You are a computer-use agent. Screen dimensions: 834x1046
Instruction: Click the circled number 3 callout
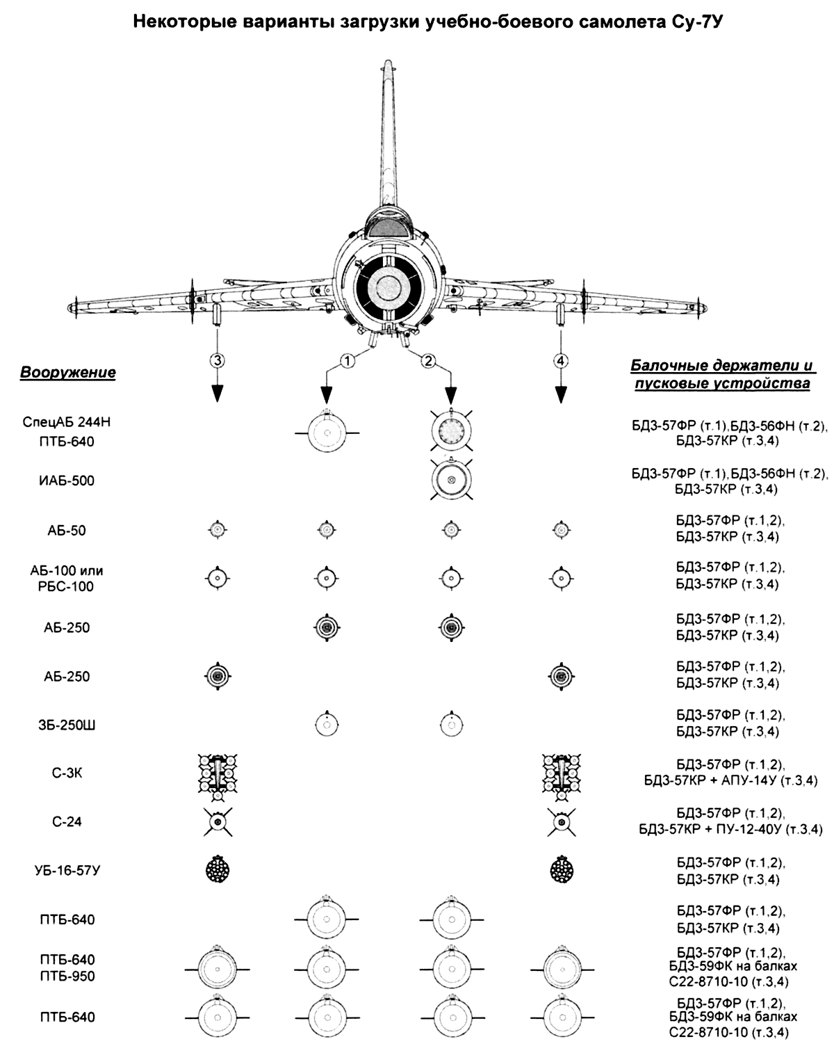(218, 360)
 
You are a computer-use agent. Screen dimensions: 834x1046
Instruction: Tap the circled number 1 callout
(347, 361)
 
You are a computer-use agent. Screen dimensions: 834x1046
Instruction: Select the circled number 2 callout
(428, 361)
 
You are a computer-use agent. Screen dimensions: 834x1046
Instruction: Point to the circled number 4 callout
(561, 360)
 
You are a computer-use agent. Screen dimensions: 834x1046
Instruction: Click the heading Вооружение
(68, 372)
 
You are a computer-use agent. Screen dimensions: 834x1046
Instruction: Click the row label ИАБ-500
(67, 481)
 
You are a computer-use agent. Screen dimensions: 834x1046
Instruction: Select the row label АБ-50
(67, 530)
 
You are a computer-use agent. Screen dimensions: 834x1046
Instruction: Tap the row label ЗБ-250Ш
(67, 725)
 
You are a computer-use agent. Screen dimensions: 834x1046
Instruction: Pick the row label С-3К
(67, 773)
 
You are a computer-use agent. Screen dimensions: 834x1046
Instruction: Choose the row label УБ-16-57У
(67, 870)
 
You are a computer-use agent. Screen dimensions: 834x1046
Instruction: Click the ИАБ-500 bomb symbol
(452, 480)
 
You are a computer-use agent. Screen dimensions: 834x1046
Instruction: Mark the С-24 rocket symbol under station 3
(218, 822)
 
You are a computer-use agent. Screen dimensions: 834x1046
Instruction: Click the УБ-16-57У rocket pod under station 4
(562, 869)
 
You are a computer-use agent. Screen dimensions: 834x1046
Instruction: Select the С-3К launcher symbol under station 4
(562, 776)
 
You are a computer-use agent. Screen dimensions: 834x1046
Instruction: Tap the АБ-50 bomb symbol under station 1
(327, 529)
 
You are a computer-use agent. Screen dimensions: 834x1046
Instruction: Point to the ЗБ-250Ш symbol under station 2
(452, 725)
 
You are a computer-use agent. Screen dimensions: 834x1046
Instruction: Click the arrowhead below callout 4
(561, 395)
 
